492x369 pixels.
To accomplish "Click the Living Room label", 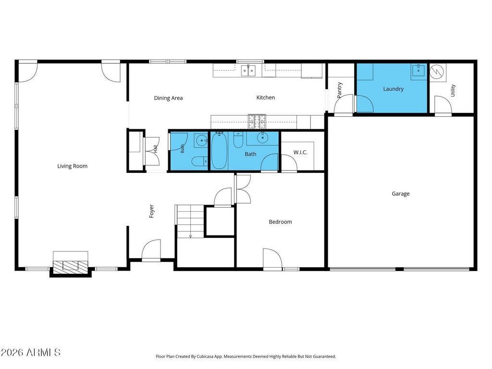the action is [x=72, y=166].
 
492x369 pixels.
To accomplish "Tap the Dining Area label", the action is [x=168, y=98].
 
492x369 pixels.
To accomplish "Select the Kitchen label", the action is [x=265, y=98].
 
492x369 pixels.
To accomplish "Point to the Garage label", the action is [x=401, y=194].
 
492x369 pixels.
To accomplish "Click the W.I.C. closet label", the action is [x=300, y=152].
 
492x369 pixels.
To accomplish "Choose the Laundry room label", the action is [x=393, y=89].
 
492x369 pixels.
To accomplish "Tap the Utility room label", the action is [x=453, y=90].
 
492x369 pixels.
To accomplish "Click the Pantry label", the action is [x=339, y=90].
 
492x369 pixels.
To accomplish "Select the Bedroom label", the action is [x=280, y=222].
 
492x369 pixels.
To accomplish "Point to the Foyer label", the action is [x=151, y=211].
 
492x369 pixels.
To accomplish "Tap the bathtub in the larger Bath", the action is [x=219, y=150].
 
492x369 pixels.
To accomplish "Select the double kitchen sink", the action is [x=248, y=71].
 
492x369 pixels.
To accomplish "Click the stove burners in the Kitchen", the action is [x=257, y=122].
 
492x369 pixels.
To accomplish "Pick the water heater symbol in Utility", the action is [x=437, y=72].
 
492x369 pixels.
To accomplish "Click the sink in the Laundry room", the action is [x=418, y=70].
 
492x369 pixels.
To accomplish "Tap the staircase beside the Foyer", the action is [x=190, y=221].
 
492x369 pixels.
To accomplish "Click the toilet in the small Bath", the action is [x=199, y=161].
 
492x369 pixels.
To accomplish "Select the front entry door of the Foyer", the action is [x=151, y=250].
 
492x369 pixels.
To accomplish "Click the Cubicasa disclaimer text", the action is [x=246, y=357].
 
